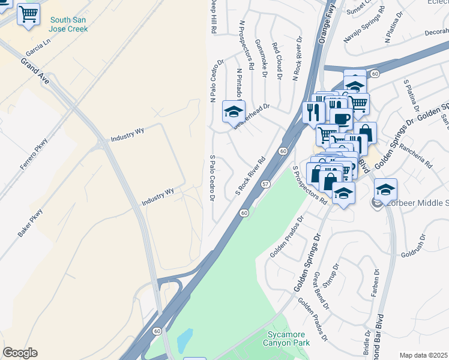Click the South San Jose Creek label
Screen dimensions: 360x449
click(68, 24)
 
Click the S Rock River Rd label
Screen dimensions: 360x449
click(250, 176)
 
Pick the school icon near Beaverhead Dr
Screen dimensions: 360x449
click(234, 110)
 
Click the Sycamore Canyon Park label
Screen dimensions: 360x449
click(286, 338)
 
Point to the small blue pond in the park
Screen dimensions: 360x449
click(185, 340)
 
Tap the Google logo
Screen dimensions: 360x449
click(20, 353)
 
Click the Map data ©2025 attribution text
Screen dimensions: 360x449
click(423, 355)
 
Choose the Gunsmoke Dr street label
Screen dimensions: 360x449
click(261, 58)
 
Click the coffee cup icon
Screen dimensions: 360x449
click(341, 118)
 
